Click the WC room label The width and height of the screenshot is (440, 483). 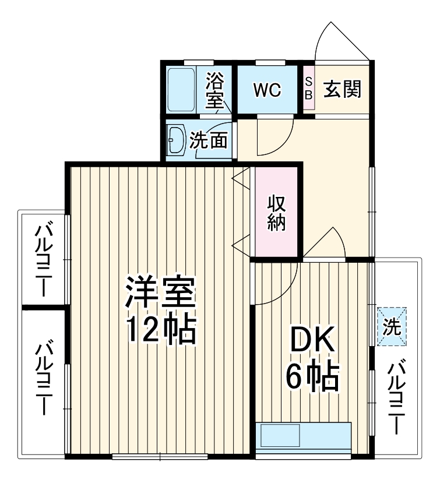tap(267, 90)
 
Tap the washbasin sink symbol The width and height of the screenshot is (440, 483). tap(175, 140)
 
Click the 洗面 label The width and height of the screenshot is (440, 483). tap(209, 140)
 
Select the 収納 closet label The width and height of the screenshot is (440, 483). tap(277, 213)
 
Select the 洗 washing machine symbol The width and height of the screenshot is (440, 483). tap(391, 327)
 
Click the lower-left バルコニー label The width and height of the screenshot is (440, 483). tap(43, 379)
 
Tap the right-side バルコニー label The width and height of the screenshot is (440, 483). tap(397, 398)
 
